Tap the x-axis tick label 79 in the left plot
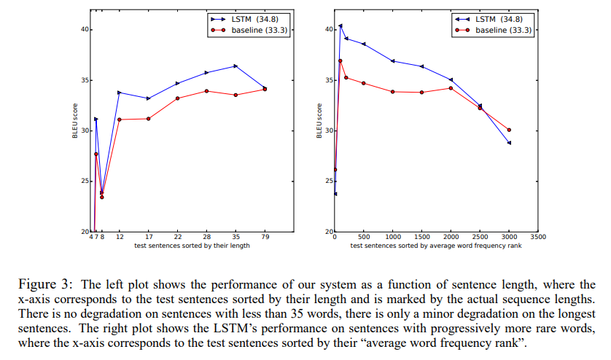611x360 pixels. tap(265, 238)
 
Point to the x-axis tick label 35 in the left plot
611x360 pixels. tap(236, 238)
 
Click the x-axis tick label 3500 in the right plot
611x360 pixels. tap(538, 238)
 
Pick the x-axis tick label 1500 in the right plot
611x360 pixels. tap(421, 238)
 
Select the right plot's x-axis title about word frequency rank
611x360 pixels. tap(436, 246)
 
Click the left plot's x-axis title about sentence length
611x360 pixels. tap(192, 246)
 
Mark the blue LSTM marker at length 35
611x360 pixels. tap(236, 66)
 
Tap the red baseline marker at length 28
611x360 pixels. tap(206, 91)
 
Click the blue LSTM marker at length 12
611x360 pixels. tap(119, 93)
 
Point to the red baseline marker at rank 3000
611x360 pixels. tap(509, 130)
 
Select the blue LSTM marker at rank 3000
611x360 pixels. tap(509, 143)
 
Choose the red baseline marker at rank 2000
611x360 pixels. tap(451, 88)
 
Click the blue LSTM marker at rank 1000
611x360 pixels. tap(393, 61)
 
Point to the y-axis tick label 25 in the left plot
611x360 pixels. tap(85, 181)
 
